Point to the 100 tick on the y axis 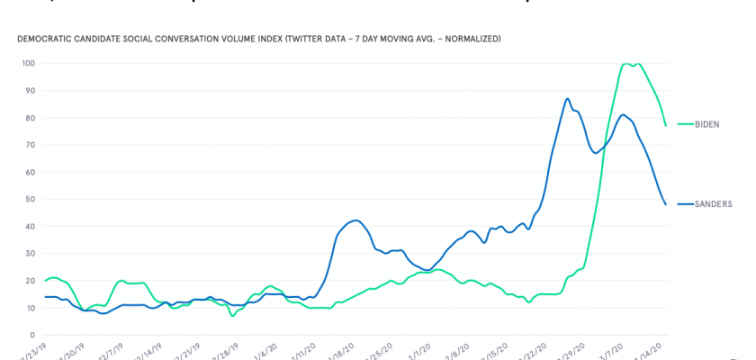[x=28, y=64]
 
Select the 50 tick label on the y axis [x=30, y=200]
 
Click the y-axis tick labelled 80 [x=30, y=118]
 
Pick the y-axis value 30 [x=30, y=254]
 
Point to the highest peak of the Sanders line [x=567, y=99]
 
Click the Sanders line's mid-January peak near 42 [x=356, y=220]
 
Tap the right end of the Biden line [x=665, y=125]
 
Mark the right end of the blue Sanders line [x=665, y=204]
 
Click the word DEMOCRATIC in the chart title [x=46, y=40]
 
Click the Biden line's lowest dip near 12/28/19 [x=232, y=316]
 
